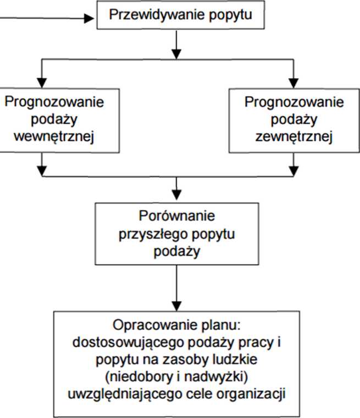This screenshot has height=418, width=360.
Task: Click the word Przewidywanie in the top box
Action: point(157,15)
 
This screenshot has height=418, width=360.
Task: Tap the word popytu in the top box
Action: point(230,15)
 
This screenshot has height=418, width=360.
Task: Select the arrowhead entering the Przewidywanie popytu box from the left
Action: point(89,18)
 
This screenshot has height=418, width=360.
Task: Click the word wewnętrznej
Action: point(54,137)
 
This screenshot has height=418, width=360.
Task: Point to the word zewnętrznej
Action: point(294,137)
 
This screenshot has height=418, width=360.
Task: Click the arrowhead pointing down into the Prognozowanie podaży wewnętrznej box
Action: point(42,82)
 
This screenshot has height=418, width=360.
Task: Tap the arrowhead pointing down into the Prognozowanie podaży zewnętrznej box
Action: point(293,82)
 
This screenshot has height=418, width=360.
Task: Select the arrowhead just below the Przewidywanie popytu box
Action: point(176,54)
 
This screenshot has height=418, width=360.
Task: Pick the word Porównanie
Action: point(176,216)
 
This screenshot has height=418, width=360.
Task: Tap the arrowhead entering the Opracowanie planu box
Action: point(176,306)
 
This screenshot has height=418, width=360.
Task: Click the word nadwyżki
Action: point(213,377)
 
